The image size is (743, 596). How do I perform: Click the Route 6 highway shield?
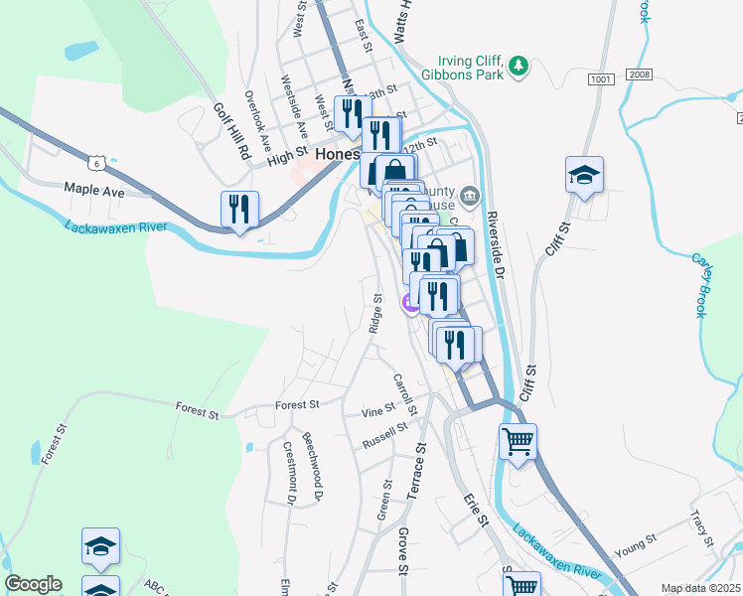[x=95, y=161]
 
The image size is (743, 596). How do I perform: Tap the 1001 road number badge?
[x=600, y=77]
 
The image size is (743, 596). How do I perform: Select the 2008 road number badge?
[x=639, y=75]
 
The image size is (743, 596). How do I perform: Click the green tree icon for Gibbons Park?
[x=517, y=67]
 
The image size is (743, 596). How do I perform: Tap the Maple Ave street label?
[x=93, y=189]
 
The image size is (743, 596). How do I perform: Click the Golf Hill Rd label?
[x=231, y=131]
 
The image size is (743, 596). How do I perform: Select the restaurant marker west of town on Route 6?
[x=239, y=210]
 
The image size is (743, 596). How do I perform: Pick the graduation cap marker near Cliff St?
[x=585, y=176]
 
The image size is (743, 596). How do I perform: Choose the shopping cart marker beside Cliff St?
[x=518, y=442]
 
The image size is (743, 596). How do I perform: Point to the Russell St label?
[x=385, y=435]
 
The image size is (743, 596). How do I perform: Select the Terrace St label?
[x=418, y=476]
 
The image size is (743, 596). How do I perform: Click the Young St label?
[x=636, y=543]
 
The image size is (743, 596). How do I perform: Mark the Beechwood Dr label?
[x=314, y=466]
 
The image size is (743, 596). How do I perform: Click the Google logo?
[x=33, y=584]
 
